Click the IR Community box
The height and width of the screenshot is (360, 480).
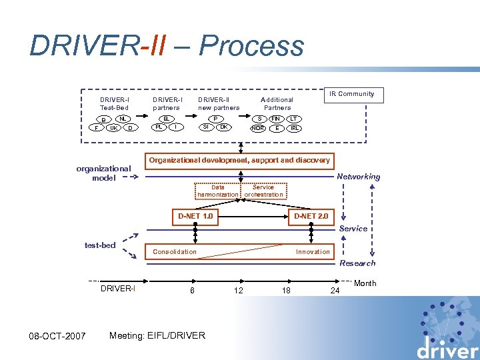(355, 94)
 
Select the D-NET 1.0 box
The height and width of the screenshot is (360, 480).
(195, 217)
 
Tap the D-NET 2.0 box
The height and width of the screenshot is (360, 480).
(311, 217)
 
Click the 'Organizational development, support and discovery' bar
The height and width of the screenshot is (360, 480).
(239, 161)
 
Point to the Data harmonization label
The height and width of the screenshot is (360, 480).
(217, 191)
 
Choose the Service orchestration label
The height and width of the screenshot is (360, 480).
(263, 191)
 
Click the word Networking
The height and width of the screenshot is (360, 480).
(359, 177)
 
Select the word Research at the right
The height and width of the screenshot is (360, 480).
(357, 263)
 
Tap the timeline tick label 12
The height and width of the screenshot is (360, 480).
(238, 290)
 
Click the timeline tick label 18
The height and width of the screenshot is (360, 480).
(285, 290)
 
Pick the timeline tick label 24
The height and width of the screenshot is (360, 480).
(335, 291)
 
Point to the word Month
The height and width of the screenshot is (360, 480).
(365, 283)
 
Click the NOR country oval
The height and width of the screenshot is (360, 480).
(258, 128)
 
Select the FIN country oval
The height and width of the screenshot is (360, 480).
(275, 119)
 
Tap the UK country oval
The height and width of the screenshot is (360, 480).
(114, 128)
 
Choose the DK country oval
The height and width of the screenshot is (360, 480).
(224, 127)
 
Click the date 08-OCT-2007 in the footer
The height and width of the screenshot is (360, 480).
(58, 335)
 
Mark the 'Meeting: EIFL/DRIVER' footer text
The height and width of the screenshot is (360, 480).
(157, 335)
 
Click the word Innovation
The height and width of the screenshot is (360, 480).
(313, 252)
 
